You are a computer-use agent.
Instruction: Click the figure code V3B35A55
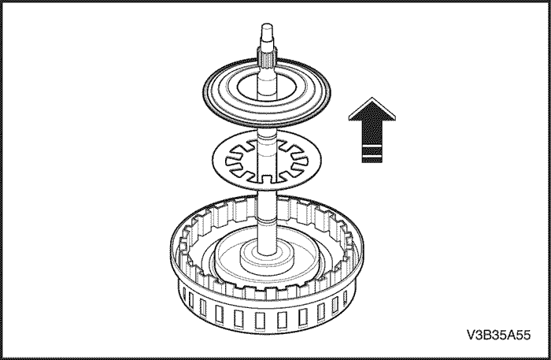click(498, 335)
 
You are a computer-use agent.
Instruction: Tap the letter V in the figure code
click(471, 335)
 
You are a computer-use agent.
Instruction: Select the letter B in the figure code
click(487, 335)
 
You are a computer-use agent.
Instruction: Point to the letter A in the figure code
click(511, 335)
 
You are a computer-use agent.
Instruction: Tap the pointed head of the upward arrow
click(372, 109)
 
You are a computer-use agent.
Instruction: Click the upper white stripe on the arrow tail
click(372, 145)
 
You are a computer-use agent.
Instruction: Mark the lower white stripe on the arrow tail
click(372, 155)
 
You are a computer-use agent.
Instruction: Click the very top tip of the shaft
click(268, 24)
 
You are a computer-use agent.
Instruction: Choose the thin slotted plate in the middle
click(267, 159)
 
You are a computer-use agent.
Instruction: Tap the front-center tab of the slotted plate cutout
click(268, 179)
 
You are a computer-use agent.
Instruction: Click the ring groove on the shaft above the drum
click(267, 222)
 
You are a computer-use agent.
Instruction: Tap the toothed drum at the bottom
click(266, 264)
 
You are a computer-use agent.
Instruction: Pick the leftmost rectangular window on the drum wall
click(183, 294)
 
